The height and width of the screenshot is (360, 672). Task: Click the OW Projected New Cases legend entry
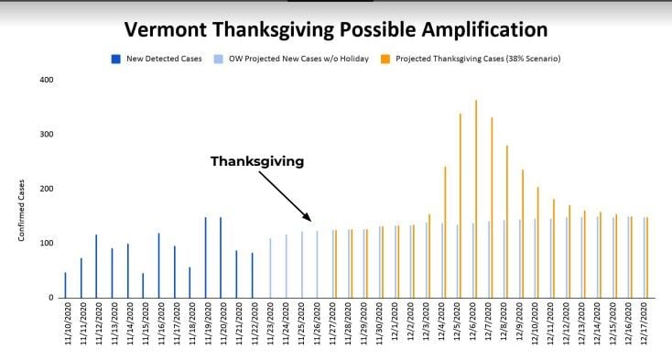pos(274,59)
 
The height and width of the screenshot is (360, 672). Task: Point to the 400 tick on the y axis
pos(46,80)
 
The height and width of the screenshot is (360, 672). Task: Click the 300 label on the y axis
pos(46,135)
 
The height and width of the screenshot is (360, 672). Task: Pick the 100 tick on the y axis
pos(46,244)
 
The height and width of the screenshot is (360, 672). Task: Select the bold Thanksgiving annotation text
pos(256,160)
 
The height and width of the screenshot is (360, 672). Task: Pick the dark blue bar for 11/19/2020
pos(205,257)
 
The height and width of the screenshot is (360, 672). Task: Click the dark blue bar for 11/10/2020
pos(65,285)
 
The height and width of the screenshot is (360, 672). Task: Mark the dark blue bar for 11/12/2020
pos(96,266)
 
